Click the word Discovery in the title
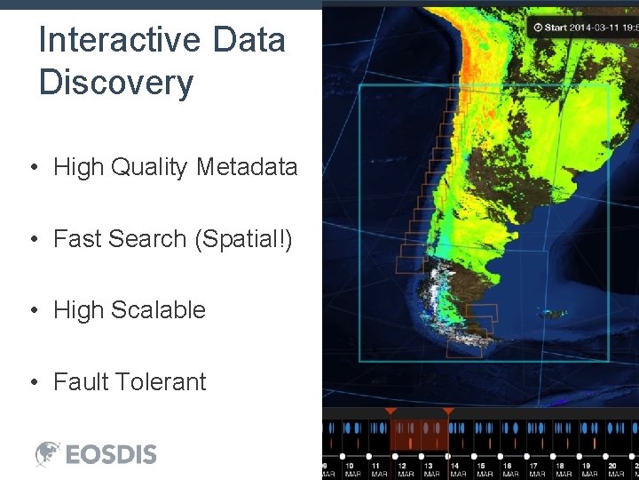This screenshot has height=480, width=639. pyautogui.click(x=116, y=83)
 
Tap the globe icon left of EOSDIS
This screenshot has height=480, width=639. pyautogui.click(x=48, y=453)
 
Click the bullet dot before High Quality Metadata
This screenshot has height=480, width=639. pyautogui.click(x=32, y=168)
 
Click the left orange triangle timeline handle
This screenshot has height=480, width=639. pyautogui.click(x=390, y=412)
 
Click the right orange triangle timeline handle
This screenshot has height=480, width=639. pyautogui.click(x=448, y=412)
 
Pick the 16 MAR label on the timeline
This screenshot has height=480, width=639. pyautogui.click(x=511, y=469)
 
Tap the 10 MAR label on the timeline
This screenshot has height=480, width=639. pyautogui.click(x=351, y=469)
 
